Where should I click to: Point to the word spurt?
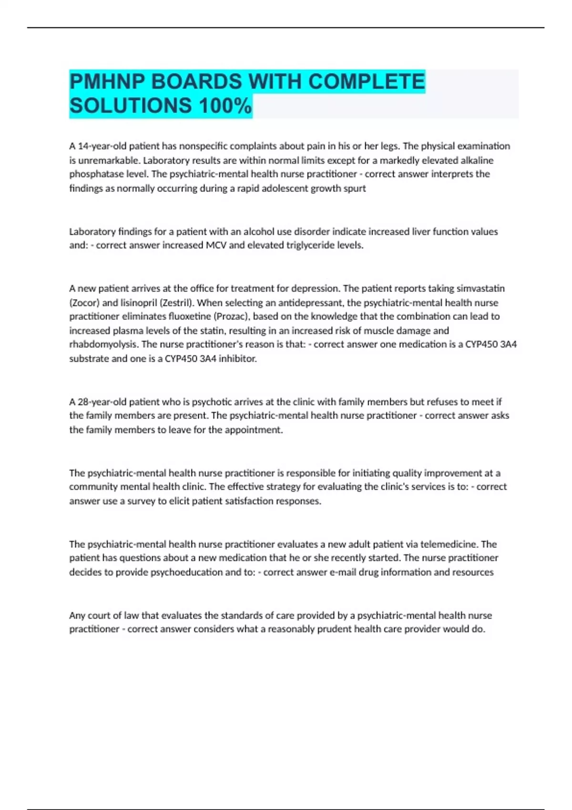(354, 188)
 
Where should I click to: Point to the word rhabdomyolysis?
(104, 344)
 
